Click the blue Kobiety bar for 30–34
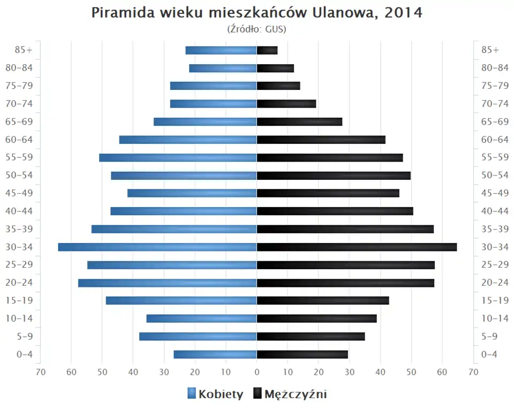(x=157, y=247)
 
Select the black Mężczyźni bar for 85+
(x=267, y=50)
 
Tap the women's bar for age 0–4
(x=215, y=354)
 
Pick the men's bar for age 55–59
(x=330, y=157)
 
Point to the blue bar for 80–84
(x=223, y=68)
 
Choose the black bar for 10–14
(x=317, y=318)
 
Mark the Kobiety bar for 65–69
(x=205, y=121)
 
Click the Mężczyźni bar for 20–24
(x=345, y=283)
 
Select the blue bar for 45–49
(x=192, y=193)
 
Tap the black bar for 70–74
(x=286, y=104)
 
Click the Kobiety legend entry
(x=215, y=394)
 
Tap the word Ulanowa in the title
(x=348, y=13)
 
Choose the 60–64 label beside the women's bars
(x=24, y=140)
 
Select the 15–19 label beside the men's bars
(x=495, y=300)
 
